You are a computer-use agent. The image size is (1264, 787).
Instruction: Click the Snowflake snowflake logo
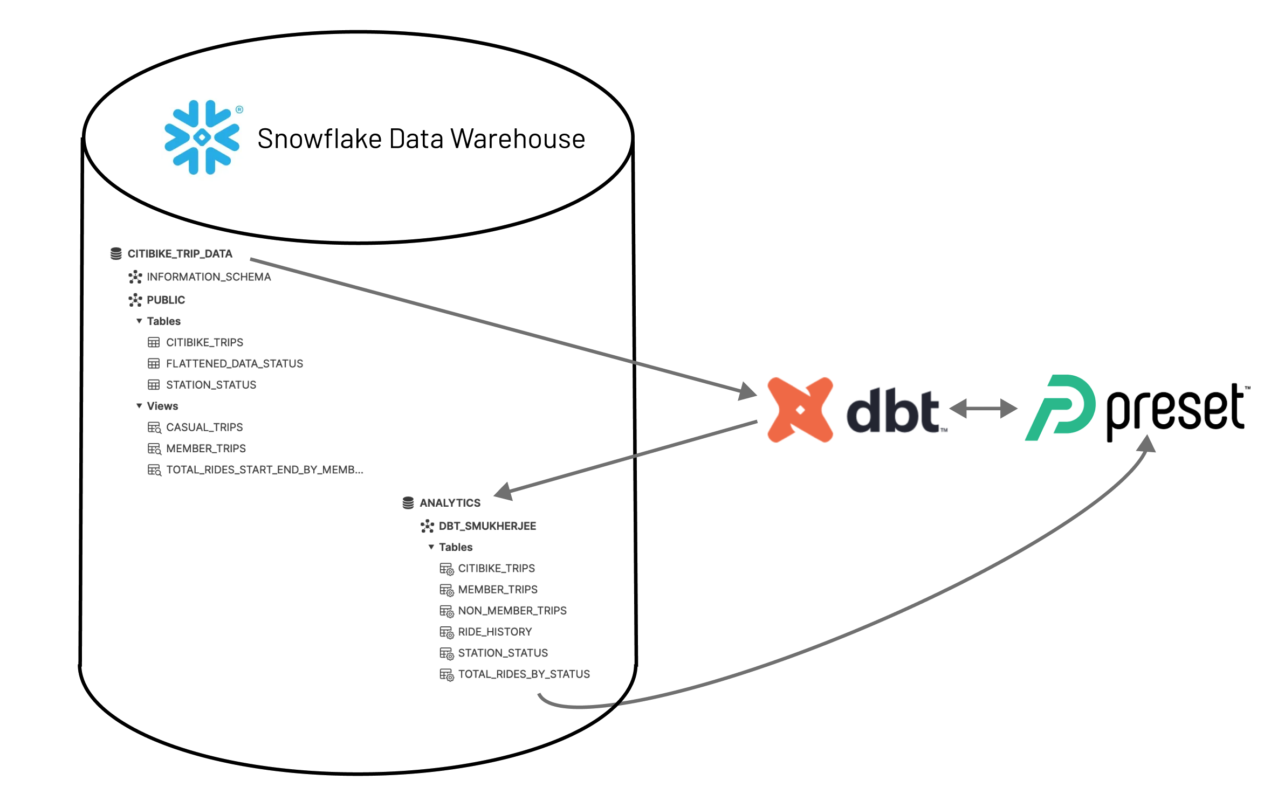tap(202, 137)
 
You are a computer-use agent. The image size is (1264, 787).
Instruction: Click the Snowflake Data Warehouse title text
tap(421, 139)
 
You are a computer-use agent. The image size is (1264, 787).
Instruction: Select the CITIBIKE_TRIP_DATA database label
tap(180, 254)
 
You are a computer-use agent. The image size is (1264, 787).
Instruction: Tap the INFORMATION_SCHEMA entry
tap(209, 277)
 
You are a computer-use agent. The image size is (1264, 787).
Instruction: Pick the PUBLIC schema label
tap(166, 300)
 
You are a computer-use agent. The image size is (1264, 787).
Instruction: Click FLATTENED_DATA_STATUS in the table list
tap(234, 364)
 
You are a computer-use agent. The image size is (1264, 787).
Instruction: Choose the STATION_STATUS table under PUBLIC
tap(211, 385)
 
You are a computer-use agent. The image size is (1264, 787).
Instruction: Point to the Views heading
tap(162, 406)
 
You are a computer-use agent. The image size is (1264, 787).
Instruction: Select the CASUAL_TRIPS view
tap(204, 427)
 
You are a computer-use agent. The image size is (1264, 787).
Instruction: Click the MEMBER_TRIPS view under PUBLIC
tap(205, 448)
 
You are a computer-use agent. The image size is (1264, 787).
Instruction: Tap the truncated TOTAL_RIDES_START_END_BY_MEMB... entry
tap(264, 470)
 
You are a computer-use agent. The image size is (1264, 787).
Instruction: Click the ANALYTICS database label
tap(450, 503)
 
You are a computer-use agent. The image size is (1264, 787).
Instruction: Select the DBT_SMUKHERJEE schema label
tap(487, 526)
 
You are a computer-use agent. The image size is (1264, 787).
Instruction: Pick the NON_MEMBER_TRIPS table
tap(512, 611)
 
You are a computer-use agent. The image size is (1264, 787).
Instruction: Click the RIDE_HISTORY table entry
tap(494, 632)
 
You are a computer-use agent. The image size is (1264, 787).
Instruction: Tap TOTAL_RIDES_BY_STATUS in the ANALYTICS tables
tap(524, 674)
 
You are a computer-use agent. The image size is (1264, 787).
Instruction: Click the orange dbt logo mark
tap(800, 410)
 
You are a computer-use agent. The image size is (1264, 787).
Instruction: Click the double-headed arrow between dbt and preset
tap(983, 408)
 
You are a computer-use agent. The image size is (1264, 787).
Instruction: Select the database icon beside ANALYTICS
tap(408, 503)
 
